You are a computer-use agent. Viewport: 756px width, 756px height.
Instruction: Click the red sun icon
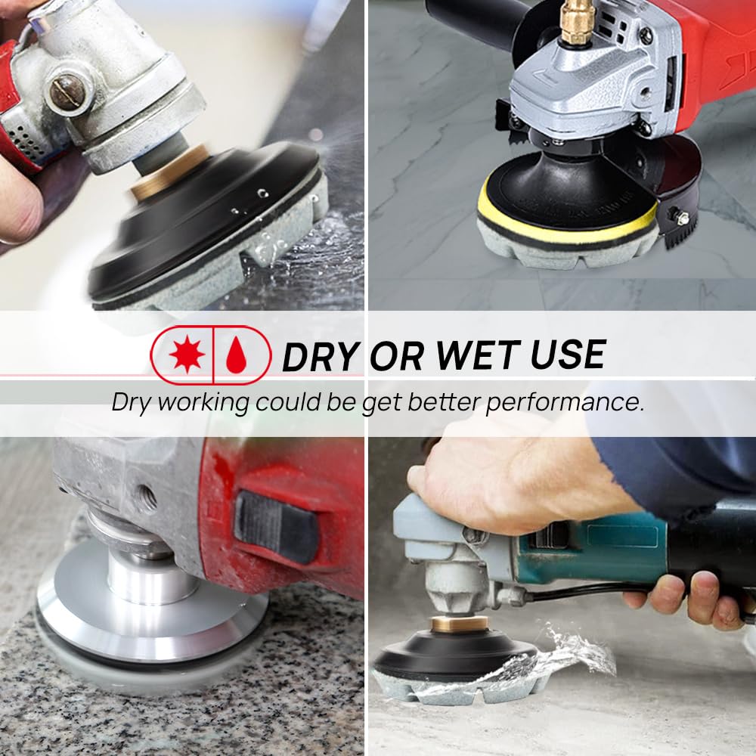tap(187, 355)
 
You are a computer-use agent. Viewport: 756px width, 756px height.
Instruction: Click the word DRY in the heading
tap(321, 356)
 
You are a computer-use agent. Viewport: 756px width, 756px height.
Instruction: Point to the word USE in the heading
tap(568, 355)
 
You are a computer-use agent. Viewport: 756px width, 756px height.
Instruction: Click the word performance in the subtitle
tap(565, 403)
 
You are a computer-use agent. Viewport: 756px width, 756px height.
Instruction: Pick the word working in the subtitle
tap(203, 403)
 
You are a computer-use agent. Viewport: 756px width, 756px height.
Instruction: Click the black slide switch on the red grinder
tap(276, 528)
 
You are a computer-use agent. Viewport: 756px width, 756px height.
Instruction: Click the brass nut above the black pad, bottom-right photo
tap(459, 624)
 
